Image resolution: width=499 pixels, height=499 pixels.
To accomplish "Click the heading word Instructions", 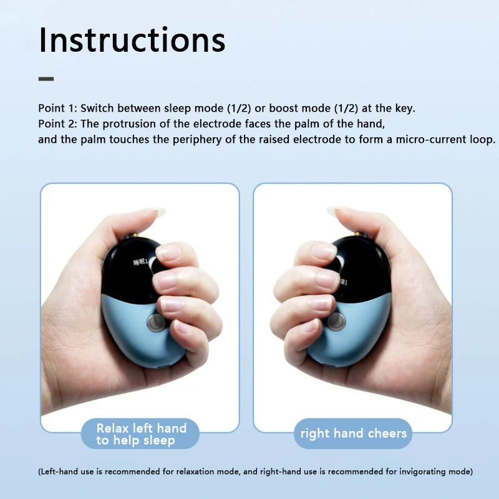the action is point(132,40).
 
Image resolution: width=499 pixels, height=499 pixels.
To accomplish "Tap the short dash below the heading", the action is point(46,79).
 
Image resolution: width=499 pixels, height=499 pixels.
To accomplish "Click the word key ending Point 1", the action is point(405,109).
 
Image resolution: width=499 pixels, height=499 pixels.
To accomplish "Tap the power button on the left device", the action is point(156,322).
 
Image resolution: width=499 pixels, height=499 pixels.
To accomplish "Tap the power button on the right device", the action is point(337,321).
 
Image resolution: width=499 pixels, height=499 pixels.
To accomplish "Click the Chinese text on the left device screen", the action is point(140,263).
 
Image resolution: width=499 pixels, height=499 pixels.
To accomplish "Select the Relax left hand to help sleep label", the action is point(140,434).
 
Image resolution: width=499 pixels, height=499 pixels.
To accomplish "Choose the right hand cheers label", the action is point(353,434).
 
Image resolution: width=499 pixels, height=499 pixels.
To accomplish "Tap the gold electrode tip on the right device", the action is point(359,235).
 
